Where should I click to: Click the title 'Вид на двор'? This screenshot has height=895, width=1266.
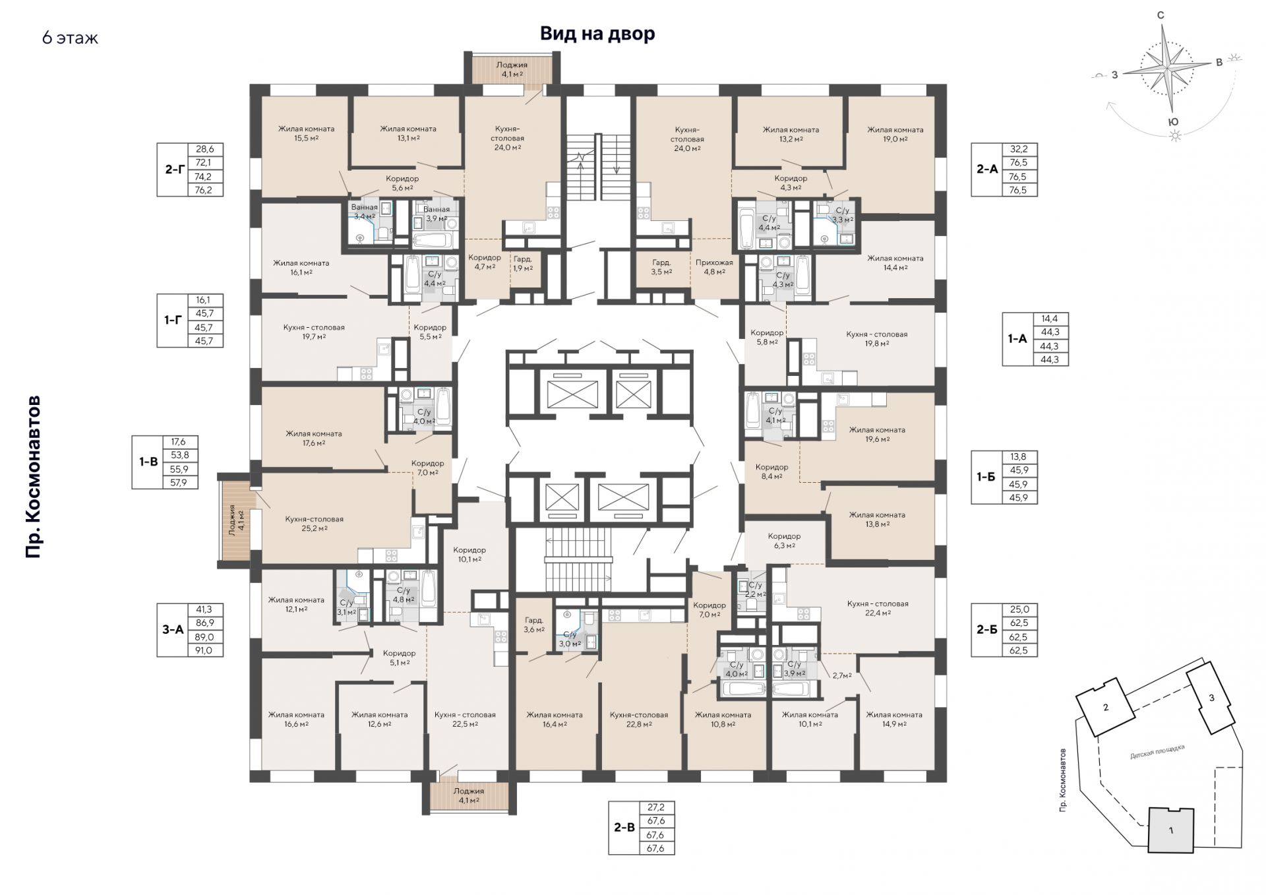click(597, 34)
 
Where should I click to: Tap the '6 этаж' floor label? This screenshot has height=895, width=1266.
click(70, 38)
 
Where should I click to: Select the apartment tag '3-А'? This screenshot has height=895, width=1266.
click(173, 630)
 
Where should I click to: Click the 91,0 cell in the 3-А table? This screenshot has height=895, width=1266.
click(204, 650)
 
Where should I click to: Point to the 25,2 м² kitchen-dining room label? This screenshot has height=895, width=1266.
click(315, 524)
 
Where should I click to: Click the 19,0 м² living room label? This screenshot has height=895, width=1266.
click(895, 135)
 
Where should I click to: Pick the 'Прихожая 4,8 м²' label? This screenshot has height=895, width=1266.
click(714, 267)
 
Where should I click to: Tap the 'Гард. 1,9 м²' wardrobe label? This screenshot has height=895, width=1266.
click(523, 264)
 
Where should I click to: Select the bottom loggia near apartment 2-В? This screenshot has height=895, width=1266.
click(469, 795)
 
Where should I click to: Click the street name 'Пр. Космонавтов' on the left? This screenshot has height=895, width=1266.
click(34, 477)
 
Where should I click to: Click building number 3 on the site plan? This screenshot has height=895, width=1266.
click(1211, 698)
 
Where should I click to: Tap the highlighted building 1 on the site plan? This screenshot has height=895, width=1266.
click(1171, 830)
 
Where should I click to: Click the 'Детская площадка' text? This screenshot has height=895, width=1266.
click(1157, 751)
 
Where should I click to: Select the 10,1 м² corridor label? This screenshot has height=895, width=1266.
click(469, 555)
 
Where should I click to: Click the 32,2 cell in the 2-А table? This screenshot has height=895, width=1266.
click(1019, 149)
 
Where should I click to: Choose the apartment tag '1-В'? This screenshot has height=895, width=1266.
click(148, 462)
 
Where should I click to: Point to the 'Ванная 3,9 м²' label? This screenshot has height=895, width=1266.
click(437, 214)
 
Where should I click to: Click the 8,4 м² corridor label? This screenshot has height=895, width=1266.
click(771, 472)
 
